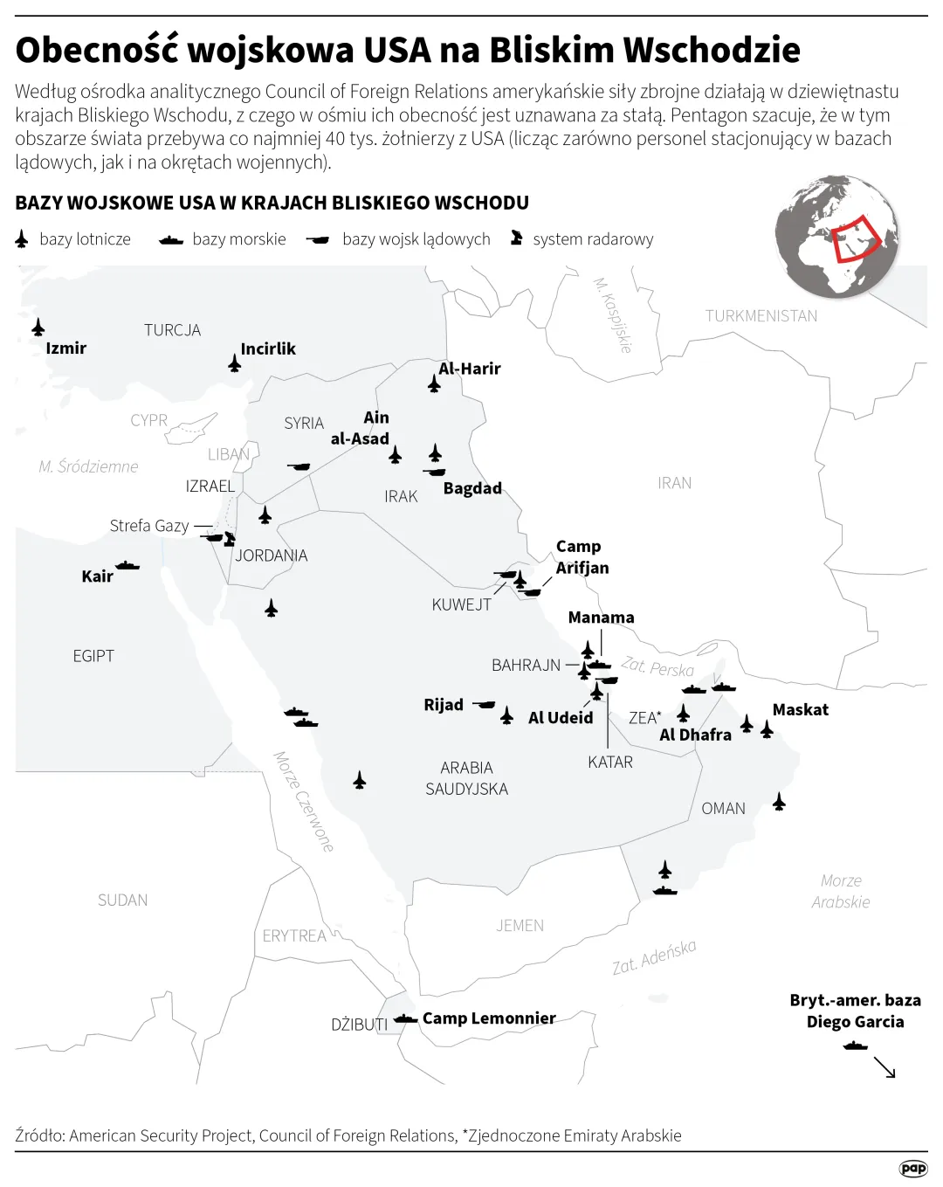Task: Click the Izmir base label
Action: (x=65, y=348)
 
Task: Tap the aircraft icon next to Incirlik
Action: (x=234, y=363)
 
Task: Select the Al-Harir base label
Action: (x=470, y=369)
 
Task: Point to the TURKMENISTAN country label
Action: (x=761, y=316)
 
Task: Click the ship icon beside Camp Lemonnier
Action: (x=405, y=1018)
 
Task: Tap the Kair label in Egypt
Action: (x=97, y=576)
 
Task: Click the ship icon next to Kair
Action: (x=127, y=566)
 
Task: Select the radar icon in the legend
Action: (x=517, y=238)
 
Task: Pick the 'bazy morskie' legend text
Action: (x=238, y=239)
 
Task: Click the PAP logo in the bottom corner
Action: (x=912, y=1169)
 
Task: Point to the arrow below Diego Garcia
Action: (x=884, y=1067)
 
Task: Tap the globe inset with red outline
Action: (x=836, y=236)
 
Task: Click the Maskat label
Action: (x=800, y=710)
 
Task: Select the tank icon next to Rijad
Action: (x=485, y=704)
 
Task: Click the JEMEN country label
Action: (x=520, y=926)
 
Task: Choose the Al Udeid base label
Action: (x=561, y=718)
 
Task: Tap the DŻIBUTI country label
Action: (x=359, y=1025)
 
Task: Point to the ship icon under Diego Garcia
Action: (x=856, y=1046)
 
